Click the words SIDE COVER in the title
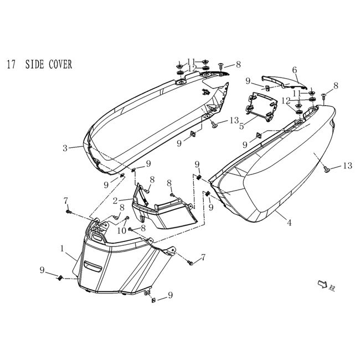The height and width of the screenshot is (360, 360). [x=48, y=64]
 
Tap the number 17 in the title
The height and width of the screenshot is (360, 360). [x=11, y=64]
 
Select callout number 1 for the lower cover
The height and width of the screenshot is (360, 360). [x=62, y=248]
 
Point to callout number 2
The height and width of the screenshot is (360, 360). [x=115, y=201]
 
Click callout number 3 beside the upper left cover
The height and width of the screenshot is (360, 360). [x=65, y=148]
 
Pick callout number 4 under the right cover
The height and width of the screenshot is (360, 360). [x=289, y=222]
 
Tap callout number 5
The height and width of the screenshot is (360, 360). [x=241, y=126]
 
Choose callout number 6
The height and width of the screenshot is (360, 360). [x=295, y=70]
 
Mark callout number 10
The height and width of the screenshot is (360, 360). [x=122, y=230]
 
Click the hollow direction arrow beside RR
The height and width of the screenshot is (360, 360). [x=322, y=284]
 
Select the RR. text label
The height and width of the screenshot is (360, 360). [x=332, y=288]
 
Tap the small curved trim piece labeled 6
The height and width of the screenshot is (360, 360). [x=284, y=83]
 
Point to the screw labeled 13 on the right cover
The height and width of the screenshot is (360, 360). [x=327, y=170]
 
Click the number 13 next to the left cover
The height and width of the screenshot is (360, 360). [x=234, y=120]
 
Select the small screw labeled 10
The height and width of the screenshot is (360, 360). [x=127, y=218]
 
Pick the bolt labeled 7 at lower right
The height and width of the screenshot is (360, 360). [x=191, y=263]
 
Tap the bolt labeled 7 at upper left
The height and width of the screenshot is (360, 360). [x=68, y=211]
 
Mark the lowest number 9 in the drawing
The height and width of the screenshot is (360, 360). [x=170, y=295]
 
